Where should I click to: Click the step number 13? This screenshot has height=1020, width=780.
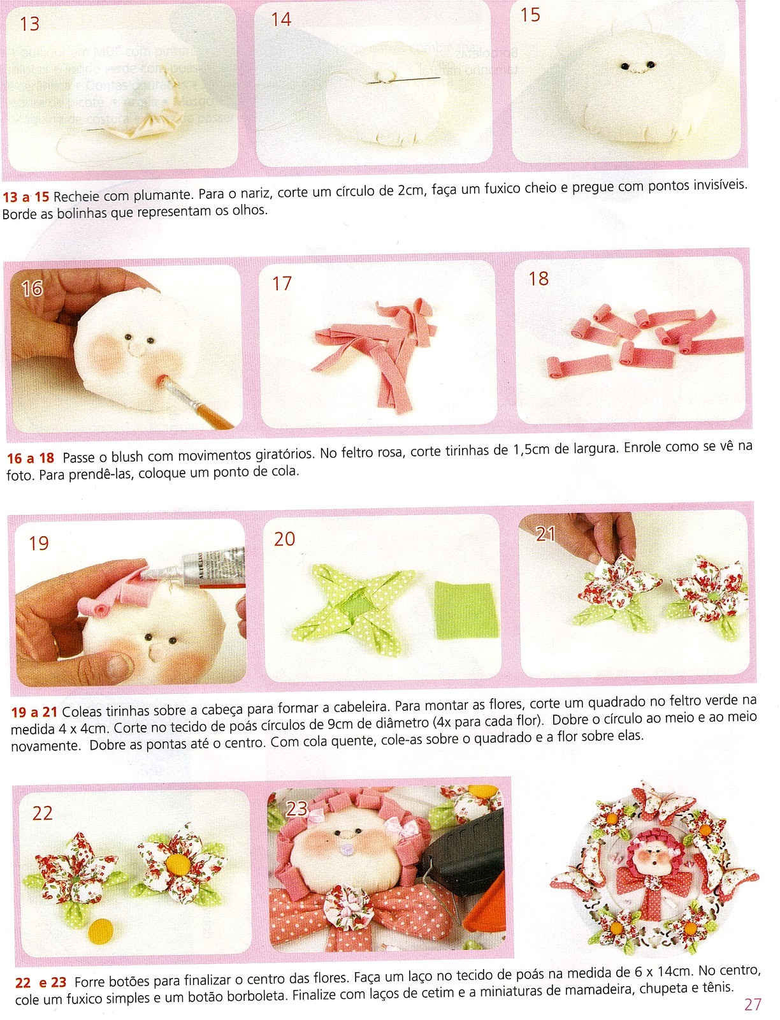coord(29,24)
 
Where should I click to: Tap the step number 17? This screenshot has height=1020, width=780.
coord(282,284)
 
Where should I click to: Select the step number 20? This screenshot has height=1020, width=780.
coord(284,539)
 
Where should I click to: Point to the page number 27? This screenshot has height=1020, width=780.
coord(753,1004)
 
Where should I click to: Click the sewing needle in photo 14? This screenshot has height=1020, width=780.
coord(403,80)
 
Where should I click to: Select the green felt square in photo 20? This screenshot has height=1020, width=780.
coord(466,609)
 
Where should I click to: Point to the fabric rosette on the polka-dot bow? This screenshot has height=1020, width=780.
coord(349,904)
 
